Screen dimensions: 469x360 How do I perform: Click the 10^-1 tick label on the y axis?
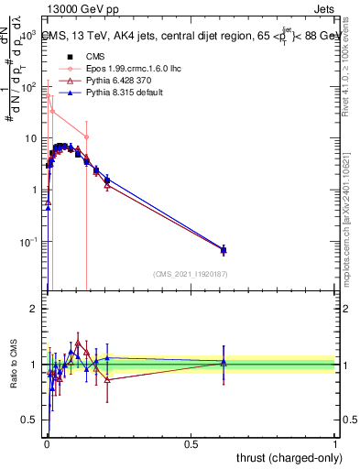click(29, 242)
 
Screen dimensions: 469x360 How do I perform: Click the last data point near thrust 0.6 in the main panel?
click(224, 249)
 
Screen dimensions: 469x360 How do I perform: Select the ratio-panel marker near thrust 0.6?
click(224, 363)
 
